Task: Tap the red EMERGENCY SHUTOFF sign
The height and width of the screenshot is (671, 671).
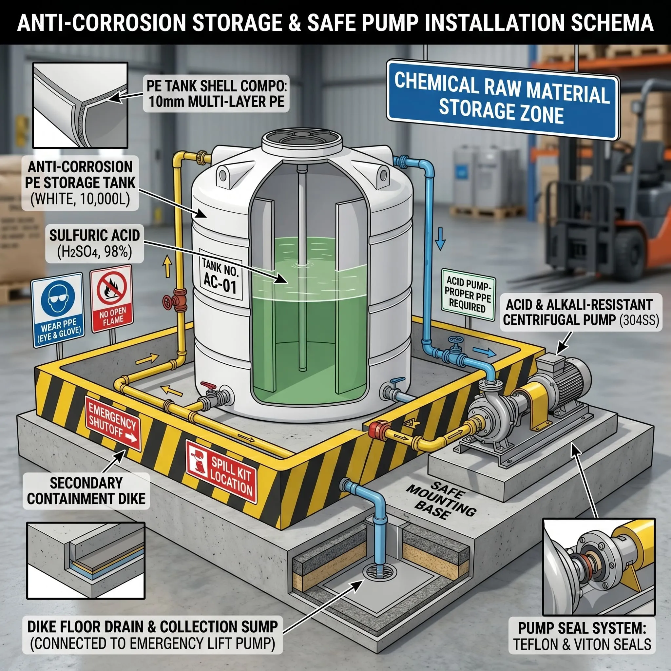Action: (x=112, y=423)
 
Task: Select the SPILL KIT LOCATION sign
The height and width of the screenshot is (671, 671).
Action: (x=221, y=471)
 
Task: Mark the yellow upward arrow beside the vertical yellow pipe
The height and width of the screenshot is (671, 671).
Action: (x=168, y=266)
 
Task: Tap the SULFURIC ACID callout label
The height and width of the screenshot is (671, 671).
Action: (x=94, y=244)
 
